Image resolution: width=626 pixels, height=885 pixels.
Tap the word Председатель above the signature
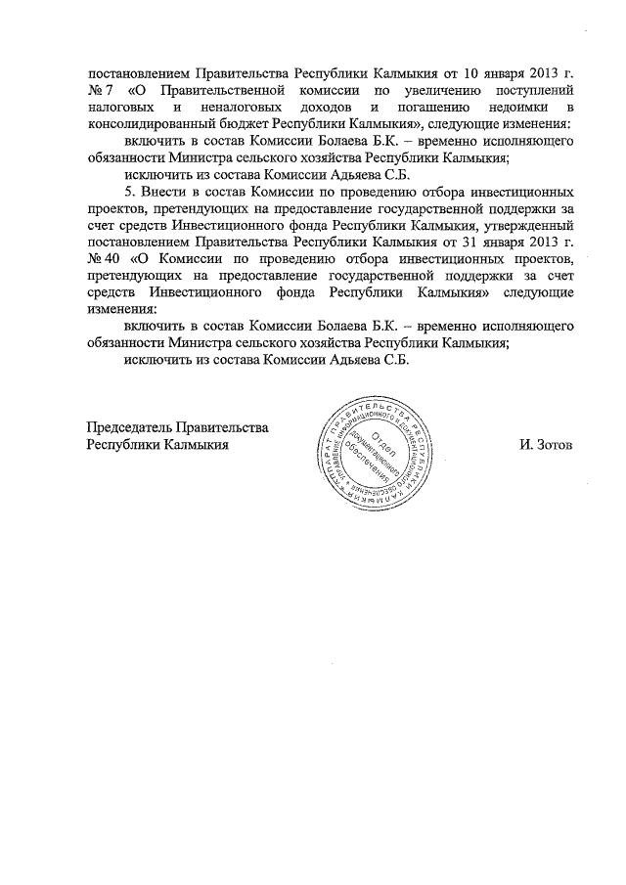[128, 426]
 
